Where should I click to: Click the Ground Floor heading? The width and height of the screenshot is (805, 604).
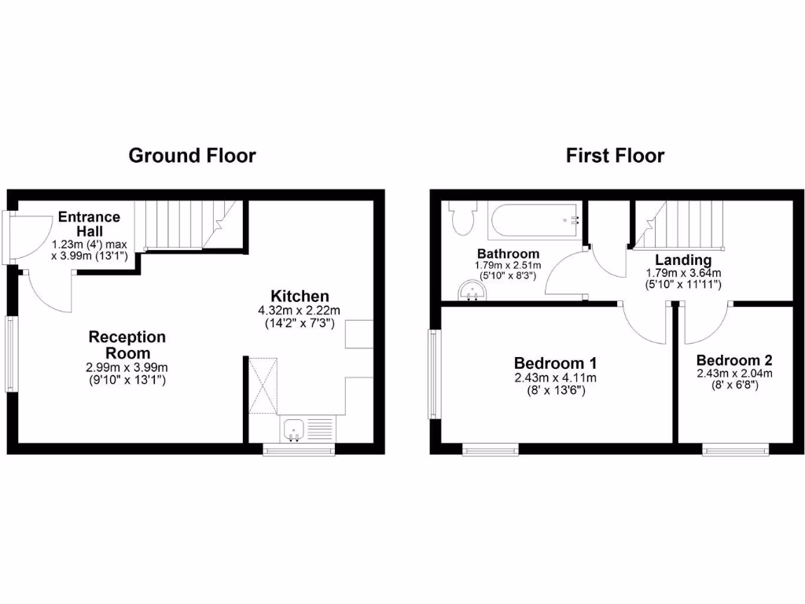tap(192, 155)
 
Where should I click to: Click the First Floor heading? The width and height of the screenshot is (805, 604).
tap(615, 155)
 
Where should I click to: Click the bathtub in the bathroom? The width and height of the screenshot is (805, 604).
tap(534, 220)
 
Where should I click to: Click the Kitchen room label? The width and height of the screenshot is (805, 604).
tap(300, 296)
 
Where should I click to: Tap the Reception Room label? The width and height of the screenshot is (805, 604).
tap(127, 344)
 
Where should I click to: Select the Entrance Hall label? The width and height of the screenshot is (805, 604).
tap(89, 223)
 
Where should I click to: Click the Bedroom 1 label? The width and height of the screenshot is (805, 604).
tap(555, 363)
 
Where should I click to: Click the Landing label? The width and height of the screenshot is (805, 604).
tap(683, 260)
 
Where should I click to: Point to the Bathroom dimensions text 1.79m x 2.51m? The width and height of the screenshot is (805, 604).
tap(508, 266)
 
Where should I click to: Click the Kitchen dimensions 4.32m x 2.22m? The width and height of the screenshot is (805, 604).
tap(300, 311)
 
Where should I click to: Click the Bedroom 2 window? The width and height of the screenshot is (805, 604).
tap(736, 450)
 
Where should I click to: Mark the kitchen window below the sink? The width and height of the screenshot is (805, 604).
tap(299, 450)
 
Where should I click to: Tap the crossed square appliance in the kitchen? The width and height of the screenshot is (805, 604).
tap(263, 385)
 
